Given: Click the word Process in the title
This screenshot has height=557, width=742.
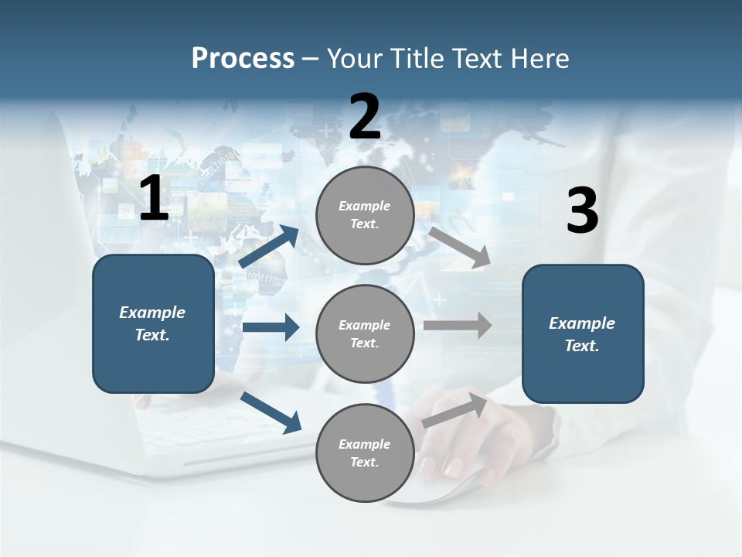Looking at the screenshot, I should [x=243, y=59].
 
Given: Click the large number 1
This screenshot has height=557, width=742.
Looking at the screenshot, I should [x=154, y=200].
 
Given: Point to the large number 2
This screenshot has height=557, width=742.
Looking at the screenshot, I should [x=365, y=118].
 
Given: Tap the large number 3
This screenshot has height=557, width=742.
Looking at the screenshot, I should [x=582, y=211].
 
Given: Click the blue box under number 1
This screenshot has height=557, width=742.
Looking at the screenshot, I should [x=153, y=323].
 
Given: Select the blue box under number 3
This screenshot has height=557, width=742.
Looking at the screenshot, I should [x=583, y=334].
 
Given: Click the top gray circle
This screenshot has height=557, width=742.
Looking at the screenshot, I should [x=365, y=215].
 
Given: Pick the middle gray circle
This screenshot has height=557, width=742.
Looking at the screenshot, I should [x=365, y=334].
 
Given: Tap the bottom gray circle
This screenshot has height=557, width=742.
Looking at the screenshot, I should [x=365, y=453].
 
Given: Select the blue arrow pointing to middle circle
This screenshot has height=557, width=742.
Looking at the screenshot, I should [x=271, y=327].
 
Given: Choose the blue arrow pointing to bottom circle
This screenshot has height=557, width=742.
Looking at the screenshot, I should [x=271, y=412].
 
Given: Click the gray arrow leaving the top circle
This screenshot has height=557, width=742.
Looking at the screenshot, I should [x=459, y=247].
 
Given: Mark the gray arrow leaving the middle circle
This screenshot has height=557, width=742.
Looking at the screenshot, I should [x=458, y=325].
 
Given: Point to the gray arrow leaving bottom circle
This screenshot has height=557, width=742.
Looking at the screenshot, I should [x=454, y=411].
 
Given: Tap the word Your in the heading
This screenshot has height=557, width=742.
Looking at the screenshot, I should [x=352, y=59].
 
